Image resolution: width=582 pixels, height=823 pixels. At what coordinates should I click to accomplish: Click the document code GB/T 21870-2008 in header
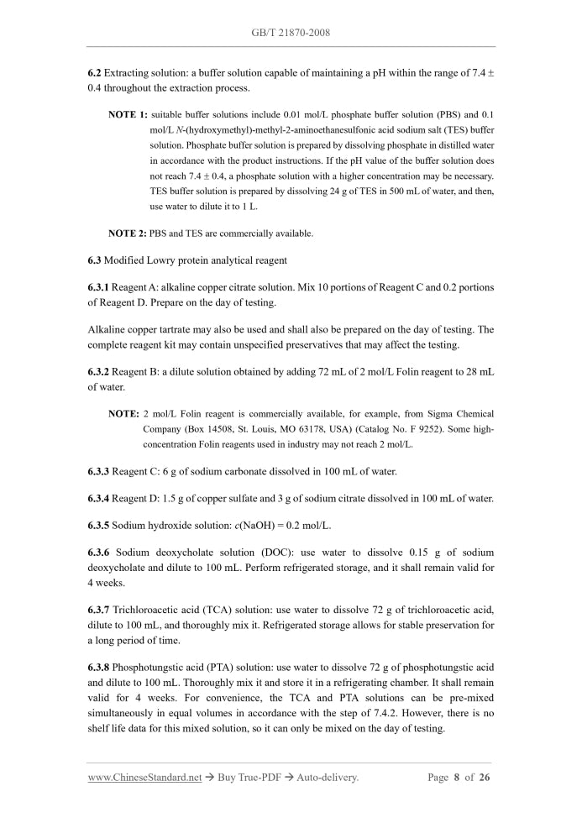291,33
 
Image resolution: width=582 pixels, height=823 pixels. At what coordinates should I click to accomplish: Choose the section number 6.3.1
101,287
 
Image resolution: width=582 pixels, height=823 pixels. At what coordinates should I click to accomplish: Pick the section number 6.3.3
101,471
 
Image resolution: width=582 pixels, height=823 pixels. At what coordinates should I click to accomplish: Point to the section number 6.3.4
101,499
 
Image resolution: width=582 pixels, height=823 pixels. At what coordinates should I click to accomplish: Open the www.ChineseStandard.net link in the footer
144,778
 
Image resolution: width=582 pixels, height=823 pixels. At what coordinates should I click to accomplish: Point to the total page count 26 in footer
484,778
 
